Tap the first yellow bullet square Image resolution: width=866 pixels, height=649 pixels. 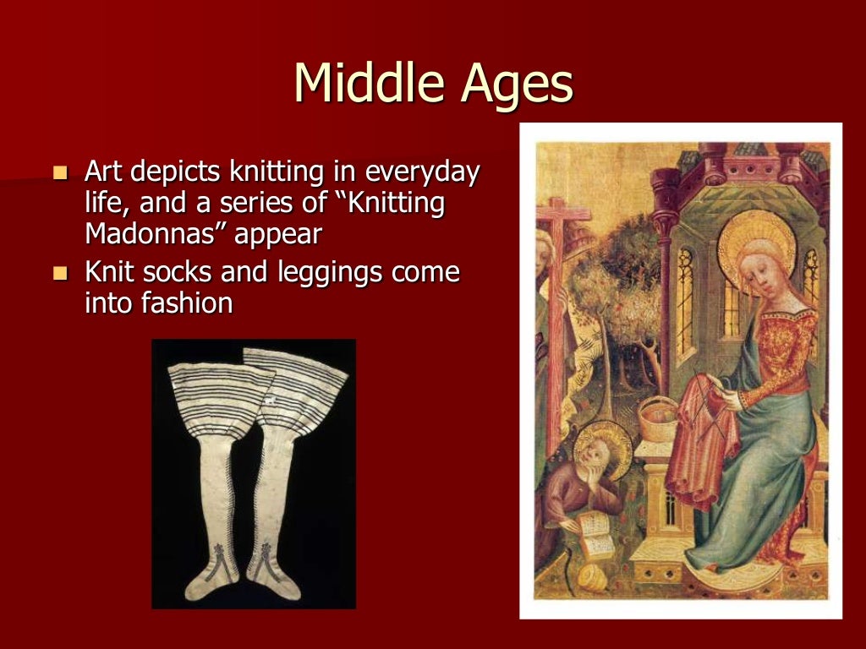(x=59, y=174)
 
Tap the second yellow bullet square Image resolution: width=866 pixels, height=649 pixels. (x=59, y=274)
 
